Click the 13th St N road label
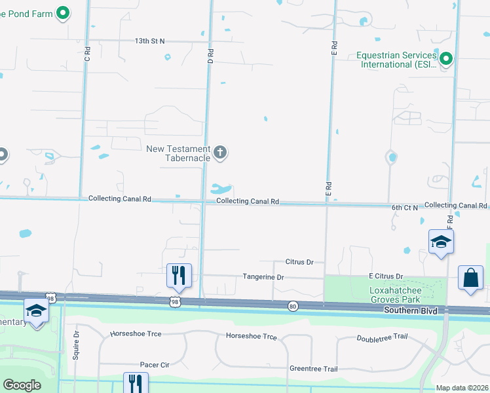(x=149, y=41)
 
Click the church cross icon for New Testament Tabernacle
(x=221, y=153)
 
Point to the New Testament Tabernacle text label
(x=178, y=153)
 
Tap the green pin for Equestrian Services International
(x=447, y=60)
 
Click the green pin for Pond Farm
(x=63, y=12)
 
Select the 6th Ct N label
(x=405, y=207)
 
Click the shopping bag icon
(x=471, y=278)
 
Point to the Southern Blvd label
(x=409, y=310)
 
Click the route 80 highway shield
(x=293, y=305)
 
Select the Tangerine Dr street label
(x=263, y=277)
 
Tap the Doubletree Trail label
(x=382, y=338)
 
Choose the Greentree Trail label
(x=314, y=369)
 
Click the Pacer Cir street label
(x=155, y=364)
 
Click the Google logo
(x=22, y=385)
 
